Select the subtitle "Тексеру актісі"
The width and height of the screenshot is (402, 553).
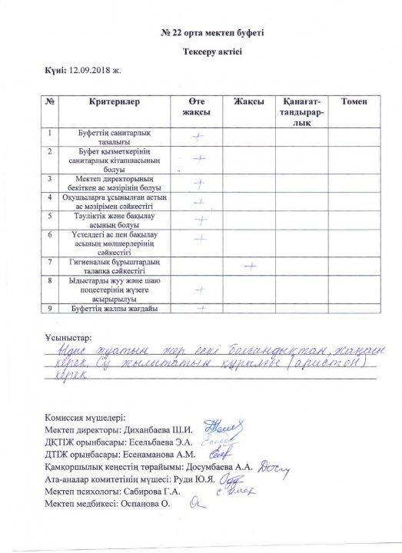point(201,53)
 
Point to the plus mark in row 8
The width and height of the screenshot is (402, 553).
point(198,290)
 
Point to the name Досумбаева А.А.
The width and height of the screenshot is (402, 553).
point(211,466)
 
